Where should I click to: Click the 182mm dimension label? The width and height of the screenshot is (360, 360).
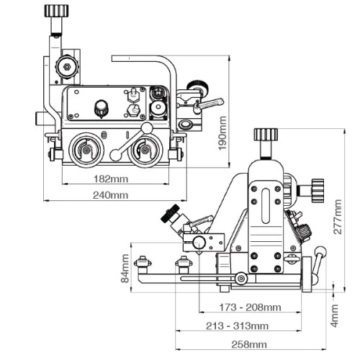[110, 178]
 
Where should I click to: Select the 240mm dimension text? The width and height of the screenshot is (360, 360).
[110, 195]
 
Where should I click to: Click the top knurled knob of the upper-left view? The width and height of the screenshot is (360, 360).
[55, 11]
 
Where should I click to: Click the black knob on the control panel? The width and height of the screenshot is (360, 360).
[101, 108]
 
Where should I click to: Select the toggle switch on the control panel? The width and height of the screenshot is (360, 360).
[132, 94]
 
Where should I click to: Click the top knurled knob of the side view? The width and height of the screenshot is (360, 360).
[266, 135]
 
